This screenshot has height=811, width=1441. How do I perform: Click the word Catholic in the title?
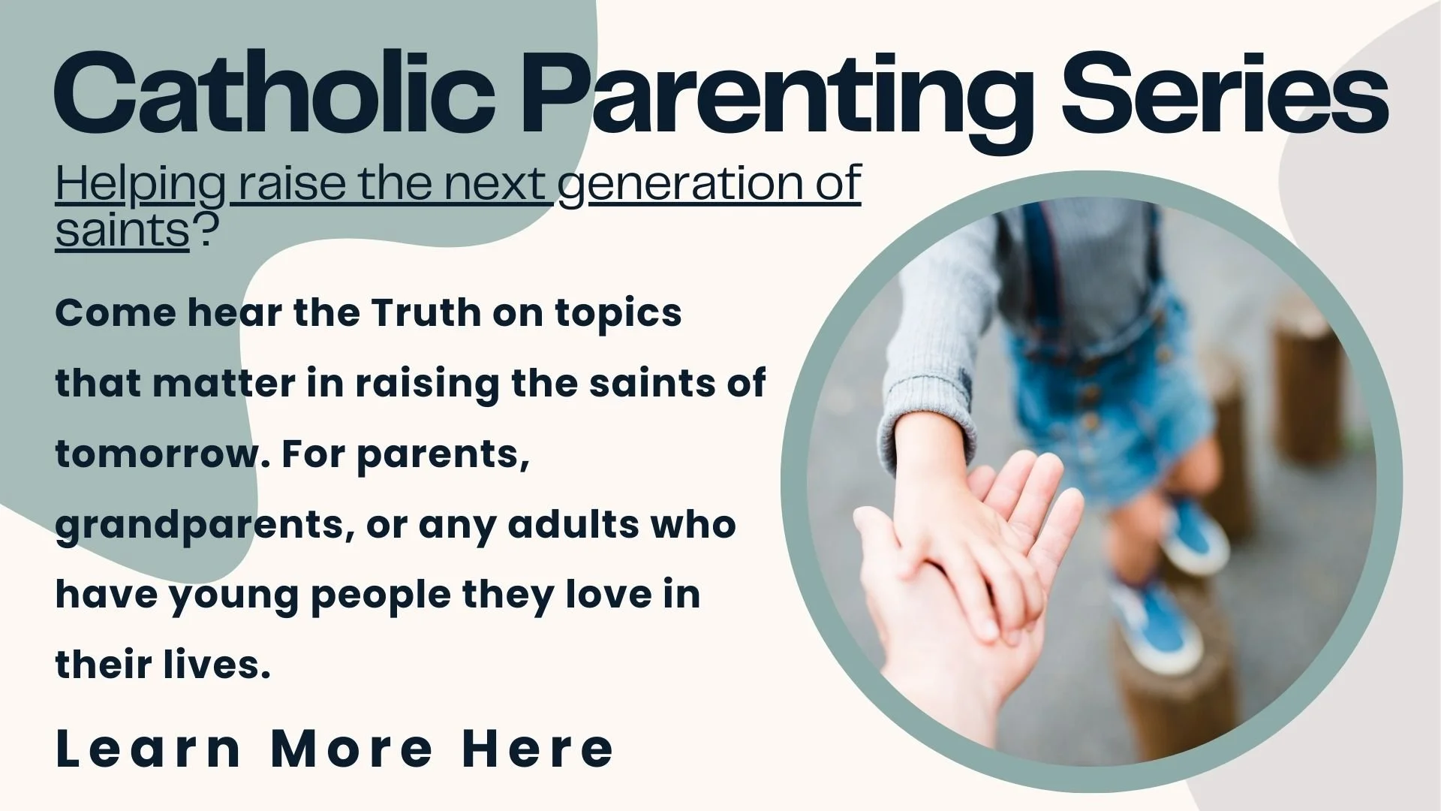[274, 94]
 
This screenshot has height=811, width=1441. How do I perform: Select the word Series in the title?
[1224, 94]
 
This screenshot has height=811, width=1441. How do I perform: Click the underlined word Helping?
[140, 185]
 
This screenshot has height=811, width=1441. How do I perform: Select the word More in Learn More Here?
[352, 749]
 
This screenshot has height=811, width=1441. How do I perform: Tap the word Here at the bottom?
[538, 749]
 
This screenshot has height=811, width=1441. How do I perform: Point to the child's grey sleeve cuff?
[931, 421]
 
